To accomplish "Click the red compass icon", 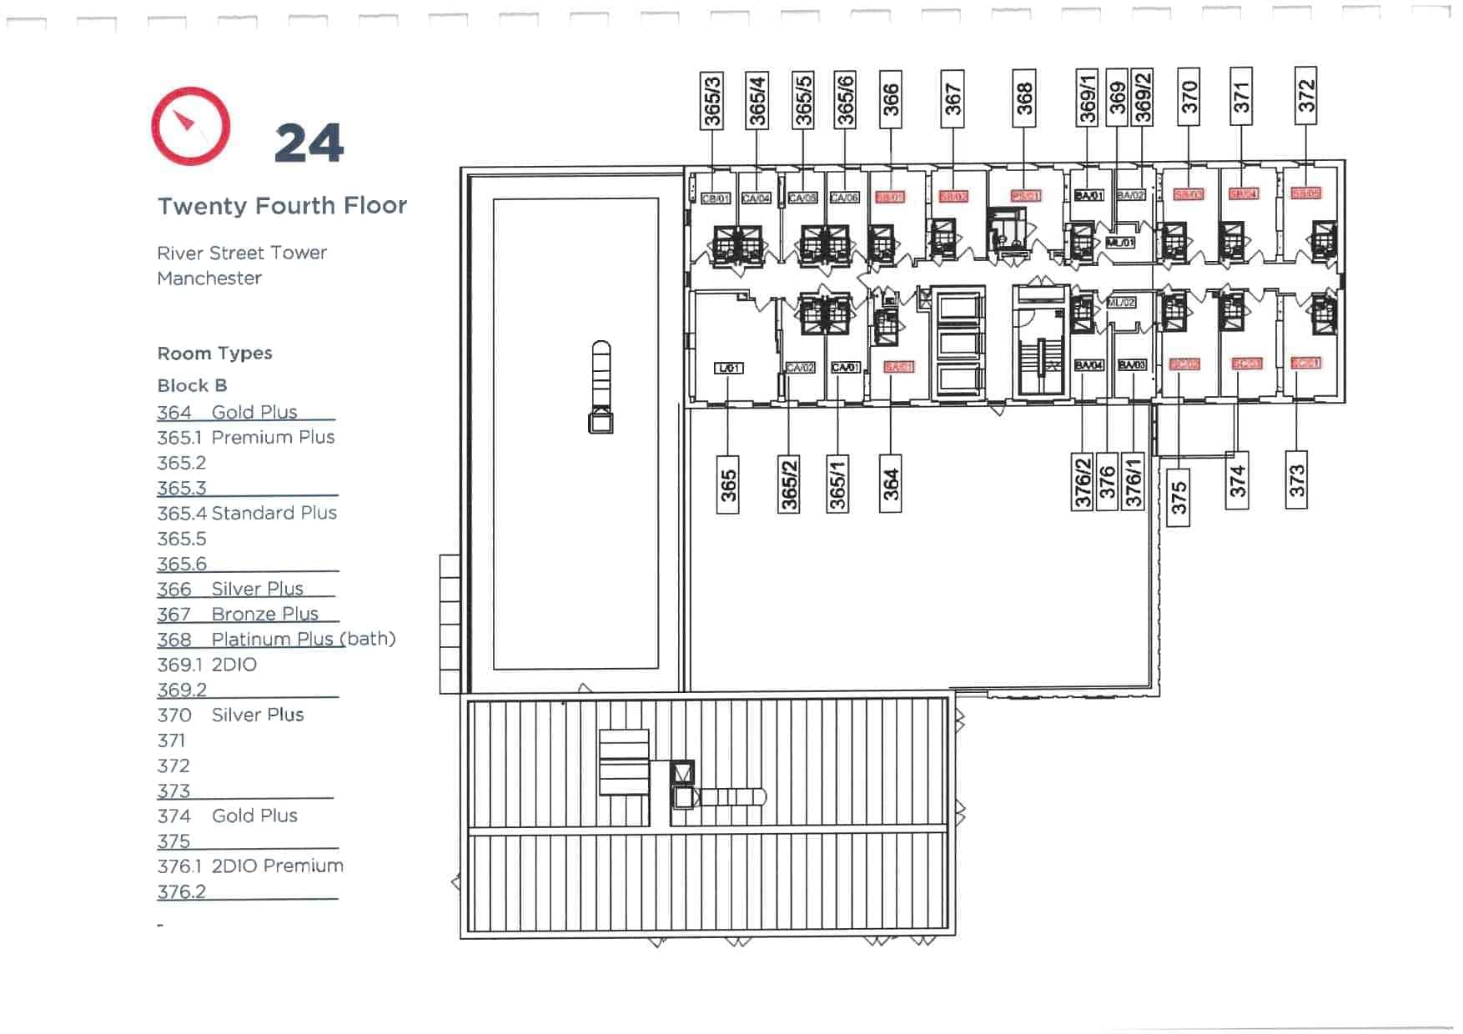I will pyautogui.click(x=190, y=127).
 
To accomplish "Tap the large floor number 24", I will pyautogui.click(x=309, y=143).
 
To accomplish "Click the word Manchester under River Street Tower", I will pyautogui.click(x=209, y=279).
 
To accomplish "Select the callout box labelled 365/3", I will pyautogui.click(x=711, y=100).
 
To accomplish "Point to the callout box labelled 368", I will pyautogui.click(x=1024, y=98).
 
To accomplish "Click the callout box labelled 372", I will pyautogui.click(x=1305, y=96).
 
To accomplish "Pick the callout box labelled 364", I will pyautogui.click(x=890, y=484).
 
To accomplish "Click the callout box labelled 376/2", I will pyautogui.click(x=1082, y=482).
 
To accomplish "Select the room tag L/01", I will pyautogui.click(x=728, y=368).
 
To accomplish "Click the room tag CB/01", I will pyautogui.click(x=716, y=198).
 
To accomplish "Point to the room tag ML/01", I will pyautogui.click(x=1120, y=243).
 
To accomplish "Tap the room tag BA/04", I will pyautogui.click(x=1088, y=365).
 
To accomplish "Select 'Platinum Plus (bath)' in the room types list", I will pyautogui.click(x=304, y=640).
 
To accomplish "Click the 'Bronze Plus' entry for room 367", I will pyautogui.click(x=264, y=615).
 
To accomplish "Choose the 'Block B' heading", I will pyautogui.click(x=192, y=386).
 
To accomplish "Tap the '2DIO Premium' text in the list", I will pyautogui.click(x=277, y=866).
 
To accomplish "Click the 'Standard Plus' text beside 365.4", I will pyautogui.click(x=274, y=514).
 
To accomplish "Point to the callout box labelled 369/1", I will pyautogui.click(x=1087, y=98).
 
